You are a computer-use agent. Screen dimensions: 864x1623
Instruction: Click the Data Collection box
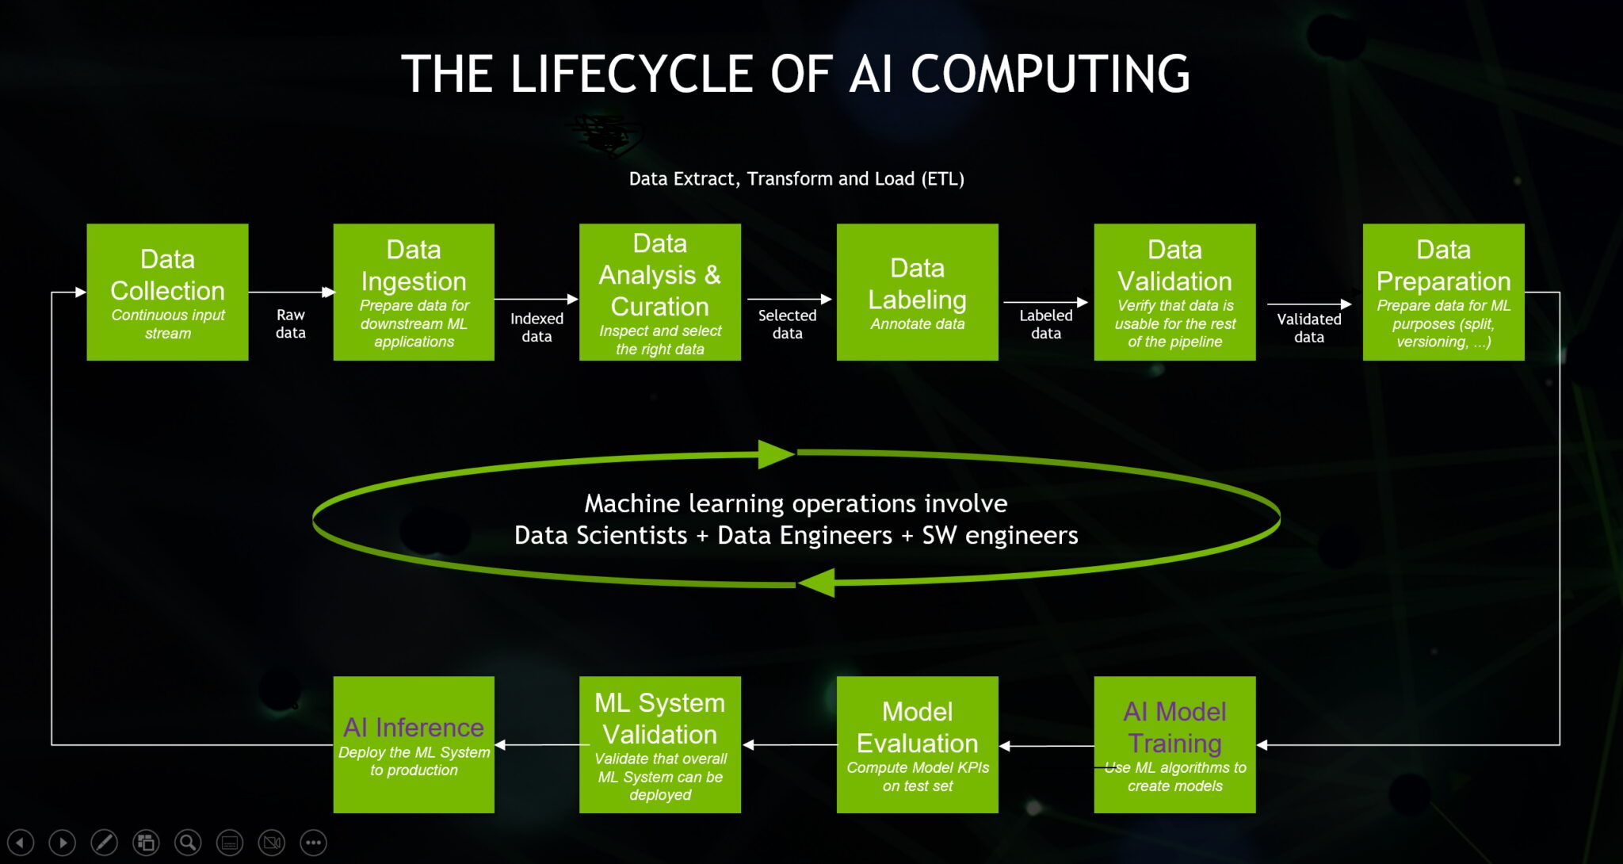[x=167, y=292]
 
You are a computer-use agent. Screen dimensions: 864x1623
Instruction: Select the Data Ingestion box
[x=414, y=292]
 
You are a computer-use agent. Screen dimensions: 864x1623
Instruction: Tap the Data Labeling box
[x=917, y=292]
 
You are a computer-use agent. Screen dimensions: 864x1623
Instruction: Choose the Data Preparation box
[x=1443, y=292]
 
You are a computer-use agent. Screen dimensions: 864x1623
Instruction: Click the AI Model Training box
[x=1174, y=744]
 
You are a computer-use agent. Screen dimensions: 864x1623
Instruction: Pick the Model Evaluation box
[x=917, y=744]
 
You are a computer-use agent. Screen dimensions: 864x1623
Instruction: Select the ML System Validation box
[x=659, y=744]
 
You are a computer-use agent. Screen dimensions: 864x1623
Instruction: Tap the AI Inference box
[x=414, y=744]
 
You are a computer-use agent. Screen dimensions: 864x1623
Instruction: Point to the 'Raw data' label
[x=291, y=323]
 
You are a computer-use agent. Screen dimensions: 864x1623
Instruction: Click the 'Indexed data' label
[x=537, y=327]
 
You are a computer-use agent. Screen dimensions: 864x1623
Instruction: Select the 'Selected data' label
[x=787, y=324]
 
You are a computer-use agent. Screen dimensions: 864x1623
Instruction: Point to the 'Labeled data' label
[x=1045, y=324]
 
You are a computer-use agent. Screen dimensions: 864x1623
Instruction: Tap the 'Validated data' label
[x=1308, y=328]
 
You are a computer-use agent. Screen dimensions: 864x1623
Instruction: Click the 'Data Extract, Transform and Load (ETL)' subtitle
[x=796, y=179]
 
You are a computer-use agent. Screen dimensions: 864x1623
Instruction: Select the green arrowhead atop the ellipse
[x=775, y=454]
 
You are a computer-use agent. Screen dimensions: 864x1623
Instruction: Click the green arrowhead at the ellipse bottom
[x=817, y=583]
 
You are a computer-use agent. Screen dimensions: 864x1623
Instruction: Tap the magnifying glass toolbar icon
[x=188, y=842]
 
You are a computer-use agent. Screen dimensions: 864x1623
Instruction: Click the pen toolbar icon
[x=104, y=842]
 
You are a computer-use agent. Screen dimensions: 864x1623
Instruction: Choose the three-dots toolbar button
[x=314, y=842]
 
